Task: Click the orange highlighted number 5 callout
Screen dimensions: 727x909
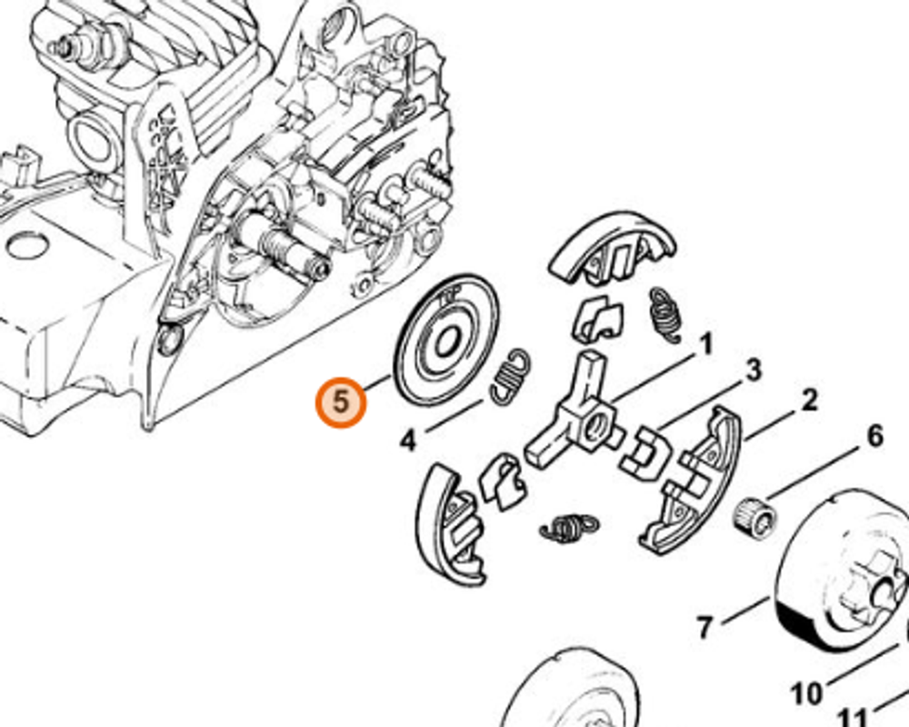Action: (340, 401)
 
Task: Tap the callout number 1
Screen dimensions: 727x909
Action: (704, 345)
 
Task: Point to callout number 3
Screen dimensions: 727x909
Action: (753, 370)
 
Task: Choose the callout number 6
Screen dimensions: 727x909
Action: (874, 436)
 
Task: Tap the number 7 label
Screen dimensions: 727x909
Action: (704, 627)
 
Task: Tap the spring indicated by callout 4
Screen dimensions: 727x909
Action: (512, 375)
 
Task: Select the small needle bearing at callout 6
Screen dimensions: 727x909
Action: (755, 517)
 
